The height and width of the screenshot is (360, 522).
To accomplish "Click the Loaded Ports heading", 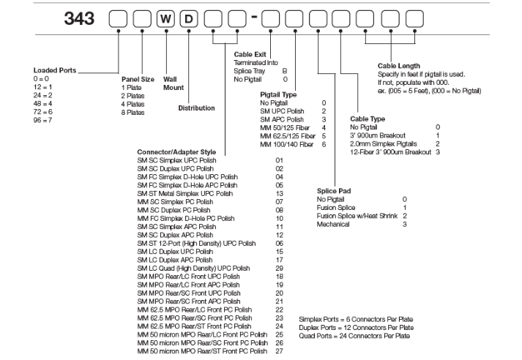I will click(54, 70).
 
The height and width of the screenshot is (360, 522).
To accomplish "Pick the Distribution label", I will click(196, 108).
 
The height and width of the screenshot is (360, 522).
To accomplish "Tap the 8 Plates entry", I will click(135, 113).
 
